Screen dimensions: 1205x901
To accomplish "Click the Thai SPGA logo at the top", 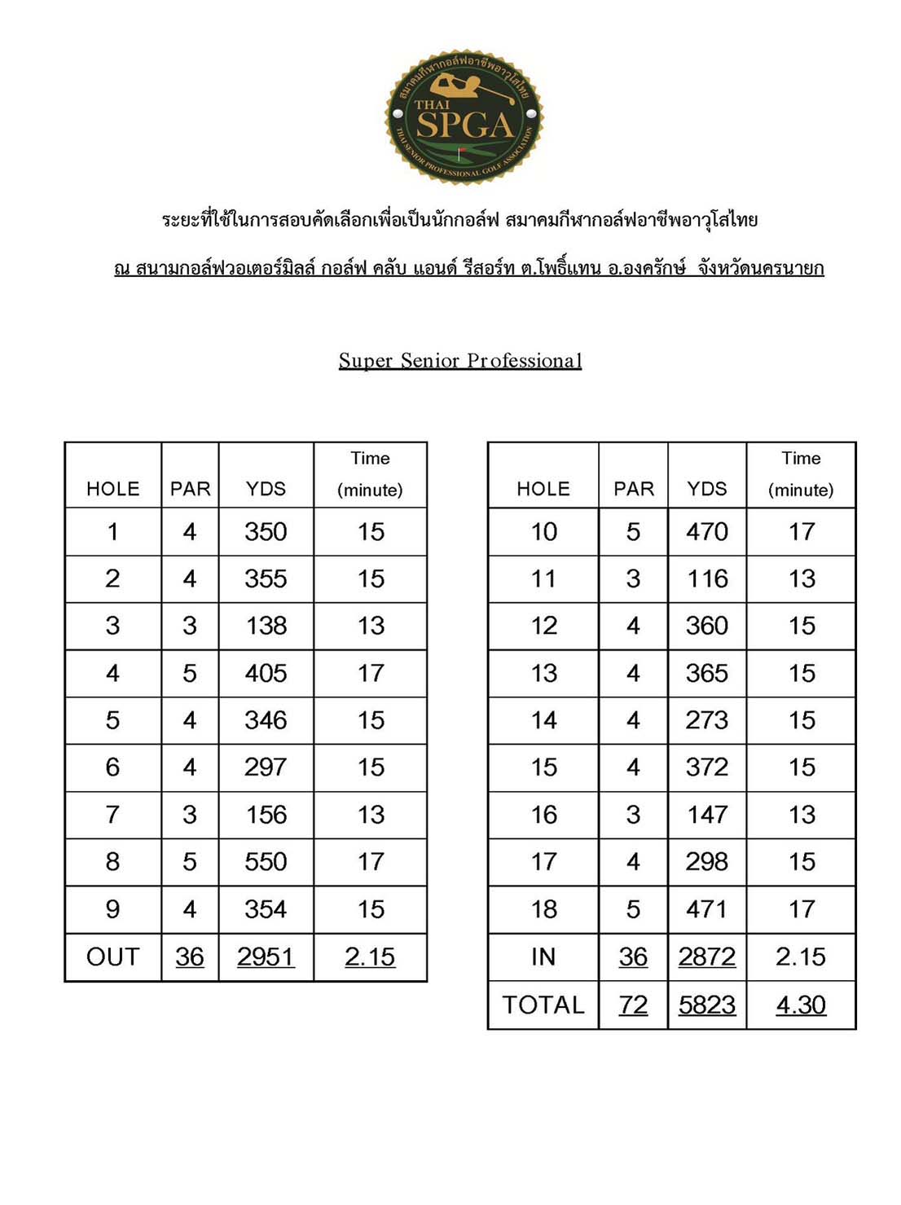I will click(463, 117).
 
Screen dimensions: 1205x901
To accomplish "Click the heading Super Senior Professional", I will click(460, 360).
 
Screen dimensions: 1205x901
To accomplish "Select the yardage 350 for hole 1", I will click(266, 532).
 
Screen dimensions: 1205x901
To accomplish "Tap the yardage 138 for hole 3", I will click(266, 626).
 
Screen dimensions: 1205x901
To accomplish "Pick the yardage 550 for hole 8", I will click(266, 862).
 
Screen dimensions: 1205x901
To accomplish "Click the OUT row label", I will click(112, 957).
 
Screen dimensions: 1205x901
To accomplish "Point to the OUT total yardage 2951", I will click(266, 957).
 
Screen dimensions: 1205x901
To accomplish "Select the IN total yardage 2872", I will click(706, 957).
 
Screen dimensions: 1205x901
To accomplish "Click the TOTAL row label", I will click(543, 1005).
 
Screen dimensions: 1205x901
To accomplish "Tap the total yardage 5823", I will click(706, 1005).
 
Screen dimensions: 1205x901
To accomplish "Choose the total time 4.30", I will click(801, 1005).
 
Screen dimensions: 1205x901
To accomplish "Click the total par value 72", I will click(633, 1005).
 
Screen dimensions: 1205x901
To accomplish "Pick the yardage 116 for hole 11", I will click(706, 579).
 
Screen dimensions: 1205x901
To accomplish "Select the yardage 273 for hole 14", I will click(706, 720).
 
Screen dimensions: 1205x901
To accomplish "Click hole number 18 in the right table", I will click(543, 909).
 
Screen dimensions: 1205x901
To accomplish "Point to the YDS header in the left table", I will click(266, 489).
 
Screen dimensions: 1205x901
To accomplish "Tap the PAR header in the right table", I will click(633, 489).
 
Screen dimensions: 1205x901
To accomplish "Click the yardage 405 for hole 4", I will click(266, 674).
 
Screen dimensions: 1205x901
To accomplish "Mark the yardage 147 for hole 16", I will click(706, 815).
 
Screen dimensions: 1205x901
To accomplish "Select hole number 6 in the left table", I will click(112, 767).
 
